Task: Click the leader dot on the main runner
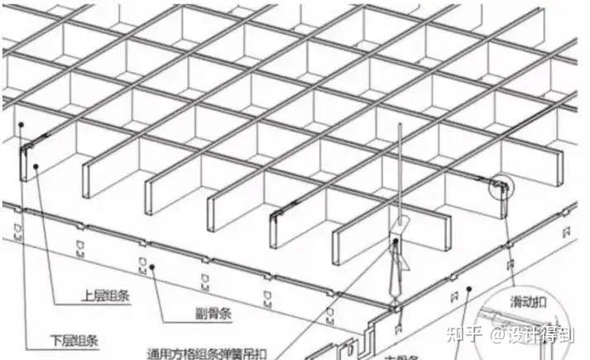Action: click(468, 290)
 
